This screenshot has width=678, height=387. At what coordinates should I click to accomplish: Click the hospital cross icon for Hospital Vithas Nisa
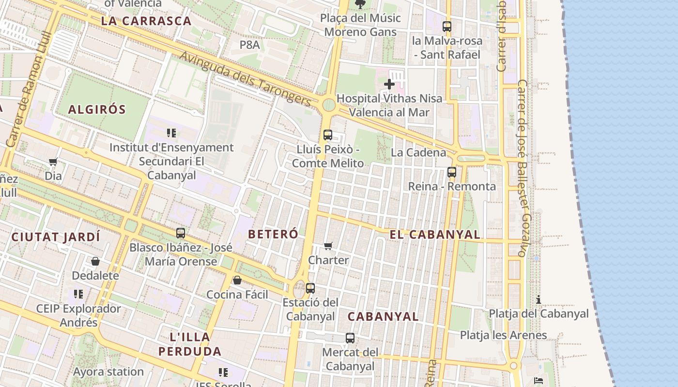click(x=389, y=85)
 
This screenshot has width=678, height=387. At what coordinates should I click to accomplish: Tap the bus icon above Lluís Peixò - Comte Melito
click(x=328, y=135)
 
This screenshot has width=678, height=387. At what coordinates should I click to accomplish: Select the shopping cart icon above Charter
click(x=328, y=246)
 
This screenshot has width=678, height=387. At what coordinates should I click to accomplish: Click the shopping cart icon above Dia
click(x=53, y=162)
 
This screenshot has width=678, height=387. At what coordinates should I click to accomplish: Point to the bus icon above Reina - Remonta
click(x=452, y=172)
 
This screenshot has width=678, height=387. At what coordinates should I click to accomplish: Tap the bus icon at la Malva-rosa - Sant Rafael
click(x=447, y=27)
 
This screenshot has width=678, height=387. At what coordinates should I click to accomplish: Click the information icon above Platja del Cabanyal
click(x=538, y=299)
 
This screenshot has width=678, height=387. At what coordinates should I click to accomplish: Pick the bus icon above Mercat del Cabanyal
click(x=350, y=338)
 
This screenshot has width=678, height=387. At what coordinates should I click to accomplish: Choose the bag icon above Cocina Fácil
click(x=237, y=281)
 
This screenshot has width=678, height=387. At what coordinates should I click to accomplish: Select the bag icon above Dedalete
click(x=95, y=262)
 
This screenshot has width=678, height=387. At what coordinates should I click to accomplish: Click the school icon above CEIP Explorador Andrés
click(x=78, y=294)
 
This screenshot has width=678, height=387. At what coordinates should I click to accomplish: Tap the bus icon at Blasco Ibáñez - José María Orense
click(x=181, y=233)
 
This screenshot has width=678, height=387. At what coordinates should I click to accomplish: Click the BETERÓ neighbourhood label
click(x=273, y=234)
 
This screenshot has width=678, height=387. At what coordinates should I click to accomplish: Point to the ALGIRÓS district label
click(x=97, y=109)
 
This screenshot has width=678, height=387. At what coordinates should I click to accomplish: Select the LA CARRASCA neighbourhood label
click(x=146, y=21)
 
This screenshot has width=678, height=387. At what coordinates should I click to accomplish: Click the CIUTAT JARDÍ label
click(x=56, y=237)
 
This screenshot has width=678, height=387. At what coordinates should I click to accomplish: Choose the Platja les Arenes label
click(x=503, y=335)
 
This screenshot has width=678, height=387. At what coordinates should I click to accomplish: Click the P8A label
click(x=250, y=45)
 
